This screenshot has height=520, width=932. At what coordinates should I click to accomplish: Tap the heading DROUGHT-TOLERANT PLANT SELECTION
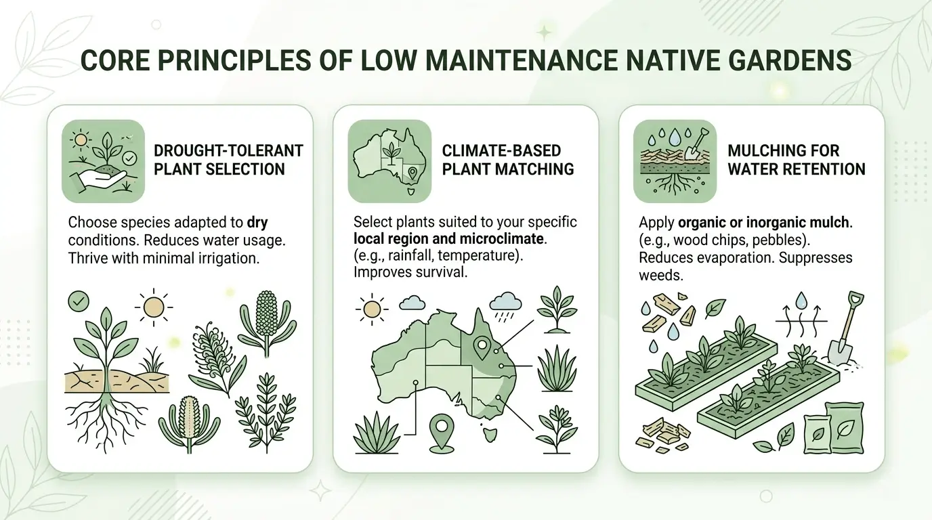(228, 159)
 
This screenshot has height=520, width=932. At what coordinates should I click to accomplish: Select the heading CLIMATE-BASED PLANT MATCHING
(508, 159)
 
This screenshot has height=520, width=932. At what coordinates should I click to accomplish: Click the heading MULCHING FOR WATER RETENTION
(797, 159)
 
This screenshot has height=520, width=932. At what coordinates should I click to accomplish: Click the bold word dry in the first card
(258, 222)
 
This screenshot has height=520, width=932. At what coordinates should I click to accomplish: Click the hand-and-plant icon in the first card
(103, 161)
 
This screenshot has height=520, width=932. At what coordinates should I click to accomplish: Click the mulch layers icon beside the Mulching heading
(675, 161)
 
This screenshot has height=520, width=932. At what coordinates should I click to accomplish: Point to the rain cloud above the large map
(505, 302)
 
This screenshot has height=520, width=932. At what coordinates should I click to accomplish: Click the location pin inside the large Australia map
(482, 348)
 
